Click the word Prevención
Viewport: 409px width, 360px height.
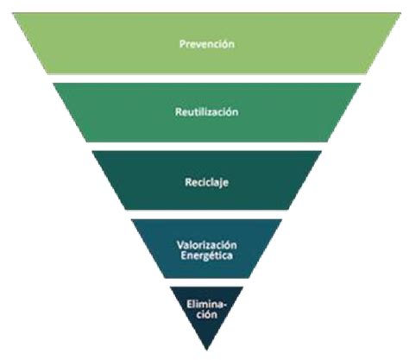207,44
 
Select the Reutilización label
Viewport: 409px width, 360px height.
207,111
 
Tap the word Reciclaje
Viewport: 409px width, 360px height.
207,182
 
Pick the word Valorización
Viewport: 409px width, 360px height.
207,245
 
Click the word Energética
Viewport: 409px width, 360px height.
207,256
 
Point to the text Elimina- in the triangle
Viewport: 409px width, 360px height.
206,304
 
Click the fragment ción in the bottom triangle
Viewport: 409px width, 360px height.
207,314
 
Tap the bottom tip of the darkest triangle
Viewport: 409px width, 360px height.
207,351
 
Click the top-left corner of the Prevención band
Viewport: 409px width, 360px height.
12,13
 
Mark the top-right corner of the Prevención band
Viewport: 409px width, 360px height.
401,13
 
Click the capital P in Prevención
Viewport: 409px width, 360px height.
182,44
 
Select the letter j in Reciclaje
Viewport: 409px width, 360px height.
220,184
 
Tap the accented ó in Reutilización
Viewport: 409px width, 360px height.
229,111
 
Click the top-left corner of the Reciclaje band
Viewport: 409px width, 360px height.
92,151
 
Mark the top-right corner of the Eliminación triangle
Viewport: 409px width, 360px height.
243,287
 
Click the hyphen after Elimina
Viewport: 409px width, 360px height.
224,305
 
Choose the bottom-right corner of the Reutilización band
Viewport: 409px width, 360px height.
328,142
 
